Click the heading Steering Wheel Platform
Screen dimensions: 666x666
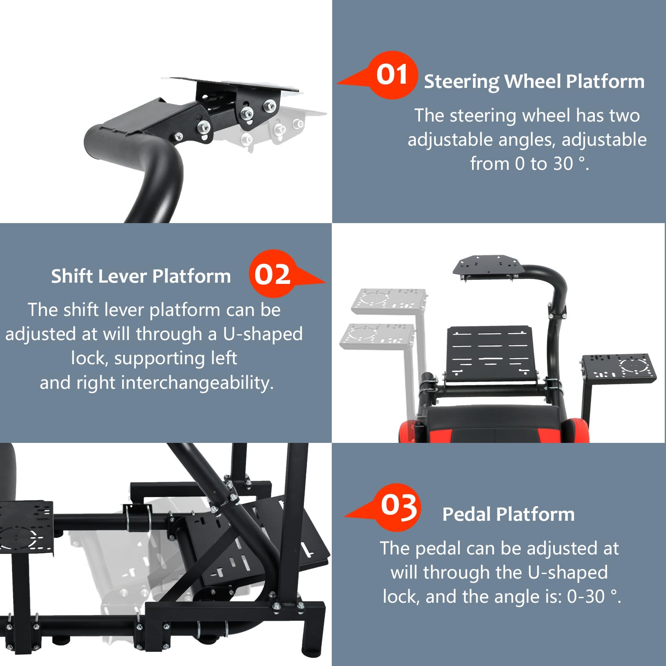tap(534, 82)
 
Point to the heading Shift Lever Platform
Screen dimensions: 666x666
tap(141, 276)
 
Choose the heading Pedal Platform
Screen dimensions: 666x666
tap(508, 514)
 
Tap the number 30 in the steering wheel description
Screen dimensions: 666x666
tap(563, 164)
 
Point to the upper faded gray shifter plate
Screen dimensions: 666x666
tap(389, 301)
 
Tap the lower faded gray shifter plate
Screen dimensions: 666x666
tap(378, 335)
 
